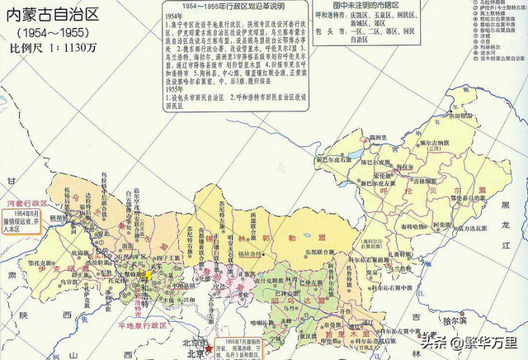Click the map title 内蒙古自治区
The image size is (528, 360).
pos(51,13)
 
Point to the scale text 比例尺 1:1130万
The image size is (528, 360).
pos(55,47)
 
